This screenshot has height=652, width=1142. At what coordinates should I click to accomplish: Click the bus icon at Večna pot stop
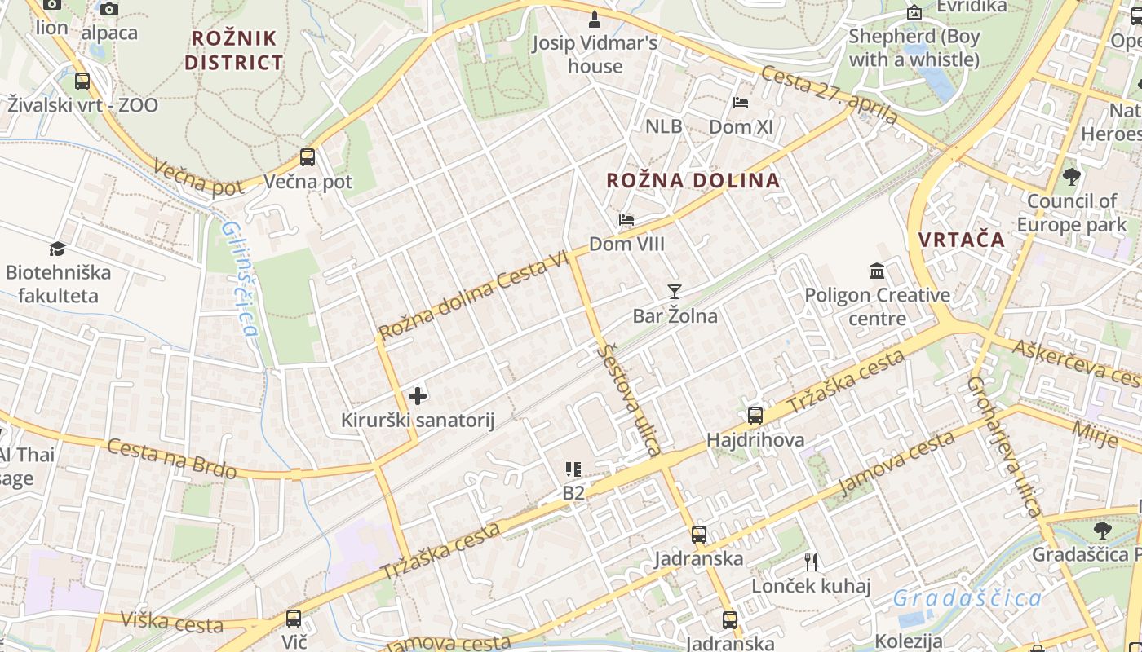(x=308, y=157)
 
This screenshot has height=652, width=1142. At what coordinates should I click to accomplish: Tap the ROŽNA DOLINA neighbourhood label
(x=693, y=180)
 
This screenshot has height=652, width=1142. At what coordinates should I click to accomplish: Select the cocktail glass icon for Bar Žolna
(x=674, y=291)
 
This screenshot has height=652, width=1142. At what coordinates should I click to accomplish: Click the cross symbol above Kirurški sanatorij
(x=418, y=396)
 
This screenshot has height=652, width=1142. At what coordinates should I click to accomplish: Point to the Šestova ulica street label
(x=628, y=399)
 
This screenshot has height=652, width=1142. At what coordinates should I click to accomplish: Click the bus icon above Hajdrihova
(x=755, y=416)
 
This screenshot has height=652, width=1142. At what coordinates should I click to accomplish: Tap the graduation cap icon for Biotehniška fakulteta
(x=57, y=249)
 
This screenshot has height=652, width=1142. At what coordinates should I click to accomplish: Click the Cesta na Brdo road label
(x=172, y=459)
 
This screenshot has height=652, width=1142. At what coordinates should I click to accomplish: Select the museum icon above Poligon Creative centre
(x=877, y=271)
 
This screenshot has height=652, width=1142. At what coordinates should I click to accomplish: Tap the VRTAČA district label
(x=961, y=240)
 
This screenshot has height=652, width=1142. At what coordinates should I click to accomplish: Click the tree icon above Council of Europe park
(x=1072, y=176)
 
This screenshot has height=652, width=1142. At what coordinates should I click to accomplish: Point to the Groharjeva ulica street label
(x=1005, y=446)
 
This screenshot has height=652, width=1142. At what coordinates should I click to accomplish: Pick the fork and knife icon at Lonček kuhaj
(x=811, y=562)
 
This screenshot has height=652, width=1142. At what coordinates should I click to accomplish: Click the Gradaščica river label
(x=967, y=598)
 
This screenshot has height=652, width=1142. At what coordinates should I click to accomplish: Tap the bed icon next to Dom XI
(x=741, y=103)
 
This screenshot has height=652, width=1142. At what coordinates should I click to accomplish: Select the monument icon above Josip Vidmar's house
(x=595, y=19)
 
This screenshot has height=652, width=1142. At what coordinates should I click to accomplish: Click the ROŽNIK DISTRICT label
(x=233, y=50)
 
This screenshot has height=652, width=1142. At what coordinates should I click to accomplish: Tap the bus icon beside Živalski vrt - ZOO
(x=82, y=81)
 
